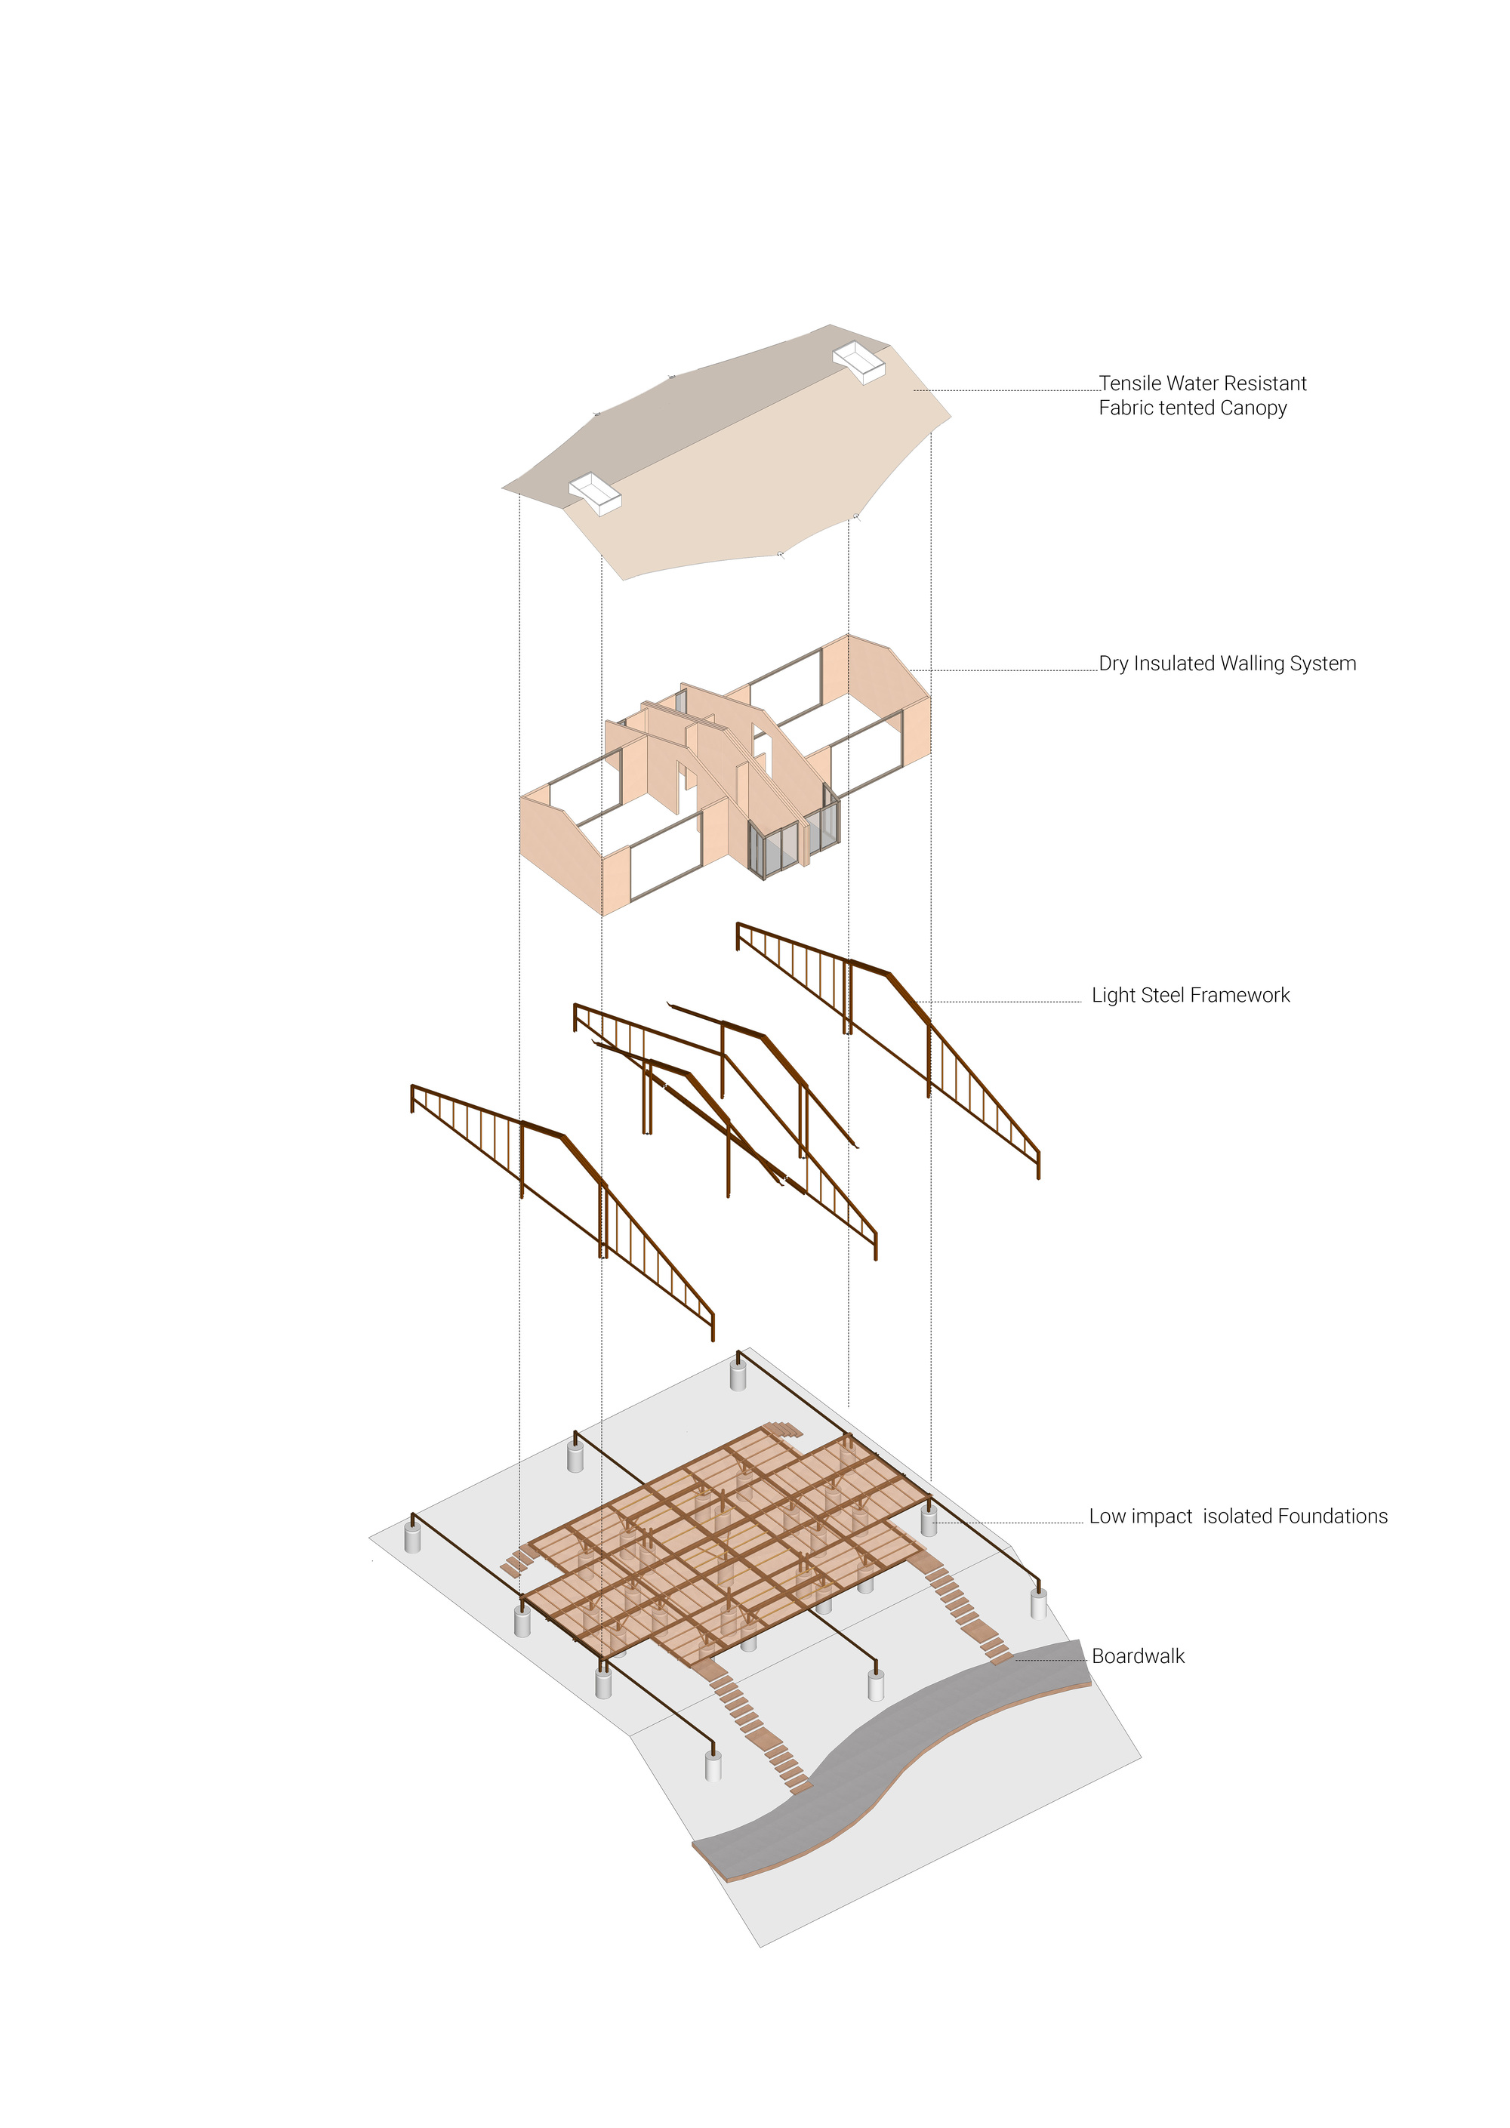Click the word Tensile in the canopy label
click(x=1129, y=383)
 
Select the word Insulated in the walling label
click(x=1173, y=663)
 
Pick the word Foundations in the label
click(x=1333, y=1517)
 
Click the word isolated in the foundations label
click(x=1237, y=1517)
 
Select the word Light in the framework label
click(x=1113, y=995)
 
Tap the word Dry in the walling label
click(x=1113, y=664)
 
